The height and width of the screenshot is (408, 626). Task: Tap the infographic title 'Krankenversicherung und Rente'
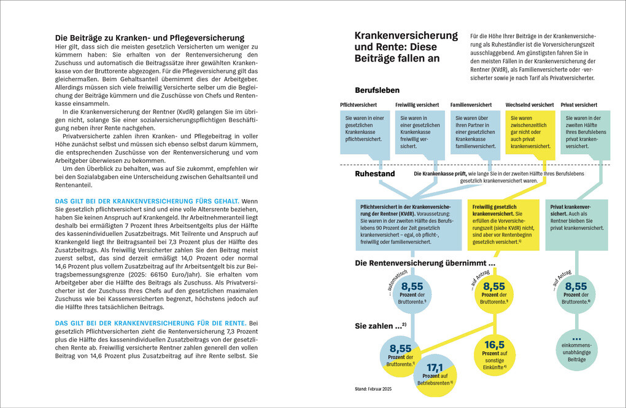[406, 47]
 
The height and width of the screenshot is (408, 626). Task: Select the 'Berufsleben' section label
[377, 90]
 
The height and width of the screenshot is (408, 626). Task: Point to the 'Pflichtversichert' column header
[359, 105]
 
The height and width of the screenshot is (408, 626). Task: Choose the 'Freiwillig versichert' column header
[417, 105]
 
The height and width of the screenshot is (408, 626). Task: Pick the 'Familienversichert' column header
[471, 105]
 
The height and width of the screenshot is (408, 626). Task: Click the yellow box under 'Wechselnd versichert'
[530, 131]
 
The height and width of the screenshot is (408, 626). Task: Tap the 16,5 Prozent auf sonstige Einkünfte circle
[494, 354]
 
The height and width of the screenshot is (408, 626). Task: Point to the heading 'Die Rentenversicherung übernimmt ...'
[425, 263]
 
